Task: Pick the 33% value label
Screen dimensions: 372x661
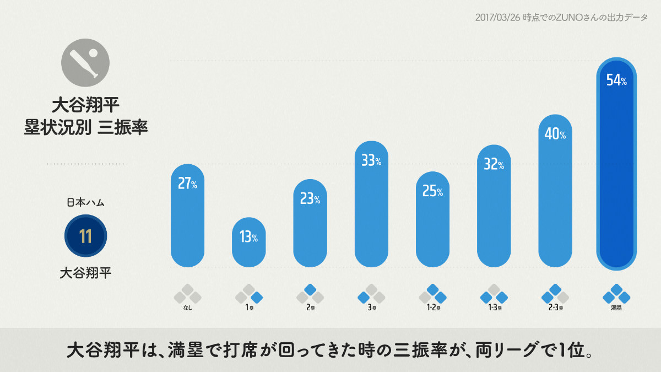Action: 371,160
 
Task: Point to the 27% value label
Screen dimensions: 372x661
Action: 188,184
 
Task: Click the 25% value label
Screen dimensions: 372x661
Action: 432,191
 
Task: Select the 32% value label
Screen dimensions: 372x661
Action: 494,164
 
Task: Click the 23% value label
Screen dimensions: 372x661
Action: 310,199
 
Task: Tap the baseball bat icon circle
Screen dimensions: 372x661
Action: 85,62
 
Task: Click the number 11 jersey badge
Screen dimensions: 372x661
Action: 85,236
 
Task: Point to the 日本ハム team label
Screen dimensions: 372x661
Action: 85,202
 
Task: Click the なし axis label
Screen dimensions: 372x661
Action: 188,308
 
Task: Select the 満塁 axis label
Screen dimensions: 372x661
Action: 616,308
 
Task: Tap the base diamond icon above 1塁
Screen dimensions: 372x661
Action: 249,294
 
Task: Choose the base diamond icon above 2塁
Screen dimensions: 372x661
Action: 310,294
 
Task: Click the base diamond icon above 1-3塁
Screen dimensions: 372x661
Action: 494,294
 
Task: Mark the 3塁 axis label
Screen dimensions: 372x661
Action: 371,308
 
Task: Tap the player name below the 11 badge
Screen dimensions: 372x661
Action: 85,272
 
